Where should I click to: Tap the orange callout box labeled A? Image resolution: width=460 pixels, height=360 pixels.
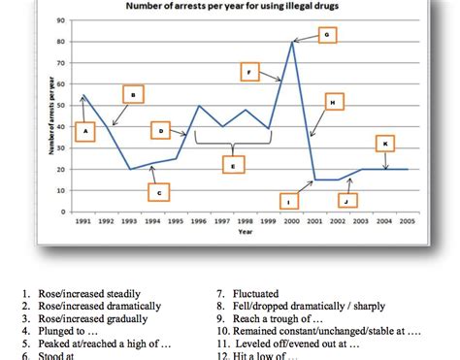[85, 130]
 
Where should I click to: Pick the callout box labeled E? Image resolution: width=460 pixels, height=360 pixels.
[232, 165]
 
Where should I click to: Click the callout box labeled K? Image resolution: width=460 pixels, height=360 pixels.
[385, 144]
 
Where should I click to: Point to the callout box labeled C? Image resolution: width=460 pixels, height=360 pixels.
[159, 193]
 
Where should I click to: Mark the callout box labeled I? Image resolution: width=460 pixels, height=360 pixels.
[288, 200]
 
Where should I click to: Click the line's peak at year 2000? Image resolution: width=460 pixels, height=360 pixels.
[291, 42]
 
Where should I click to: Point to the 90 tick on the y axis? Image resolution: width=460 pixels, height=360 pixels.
[61, 20]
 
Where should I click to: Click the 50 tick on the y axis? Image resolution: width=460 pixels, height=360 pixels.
[61, 105]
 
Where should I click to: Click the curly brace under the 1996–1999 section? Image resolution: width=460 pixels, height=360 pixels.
[232, 143]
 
